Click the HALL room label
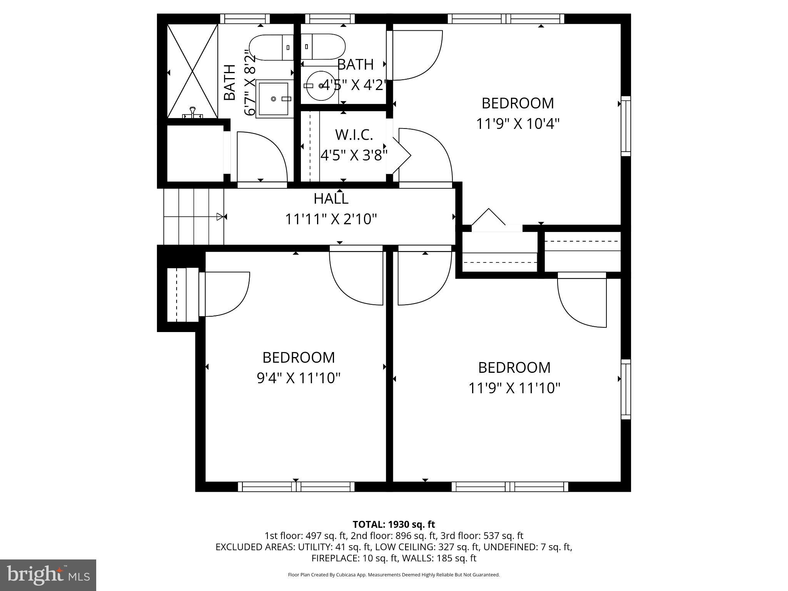331,199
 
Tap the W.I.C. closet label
354,135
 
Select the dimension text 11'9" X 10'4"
518,124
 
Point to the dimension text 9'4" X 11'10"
299,378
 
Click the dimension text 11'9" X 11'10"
514,388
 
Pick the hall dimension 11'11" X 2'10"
331,219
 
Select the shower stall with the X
192,71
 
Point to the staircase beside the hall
194,217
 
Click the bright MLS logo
48,575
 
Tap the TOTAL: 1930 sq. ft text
394,524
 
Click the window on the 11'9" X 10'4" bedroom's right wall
626,126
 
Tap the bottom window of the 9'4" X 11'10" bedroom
296,487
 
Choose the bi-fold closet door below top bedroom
489,219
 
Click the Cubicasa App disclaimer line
394,575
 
